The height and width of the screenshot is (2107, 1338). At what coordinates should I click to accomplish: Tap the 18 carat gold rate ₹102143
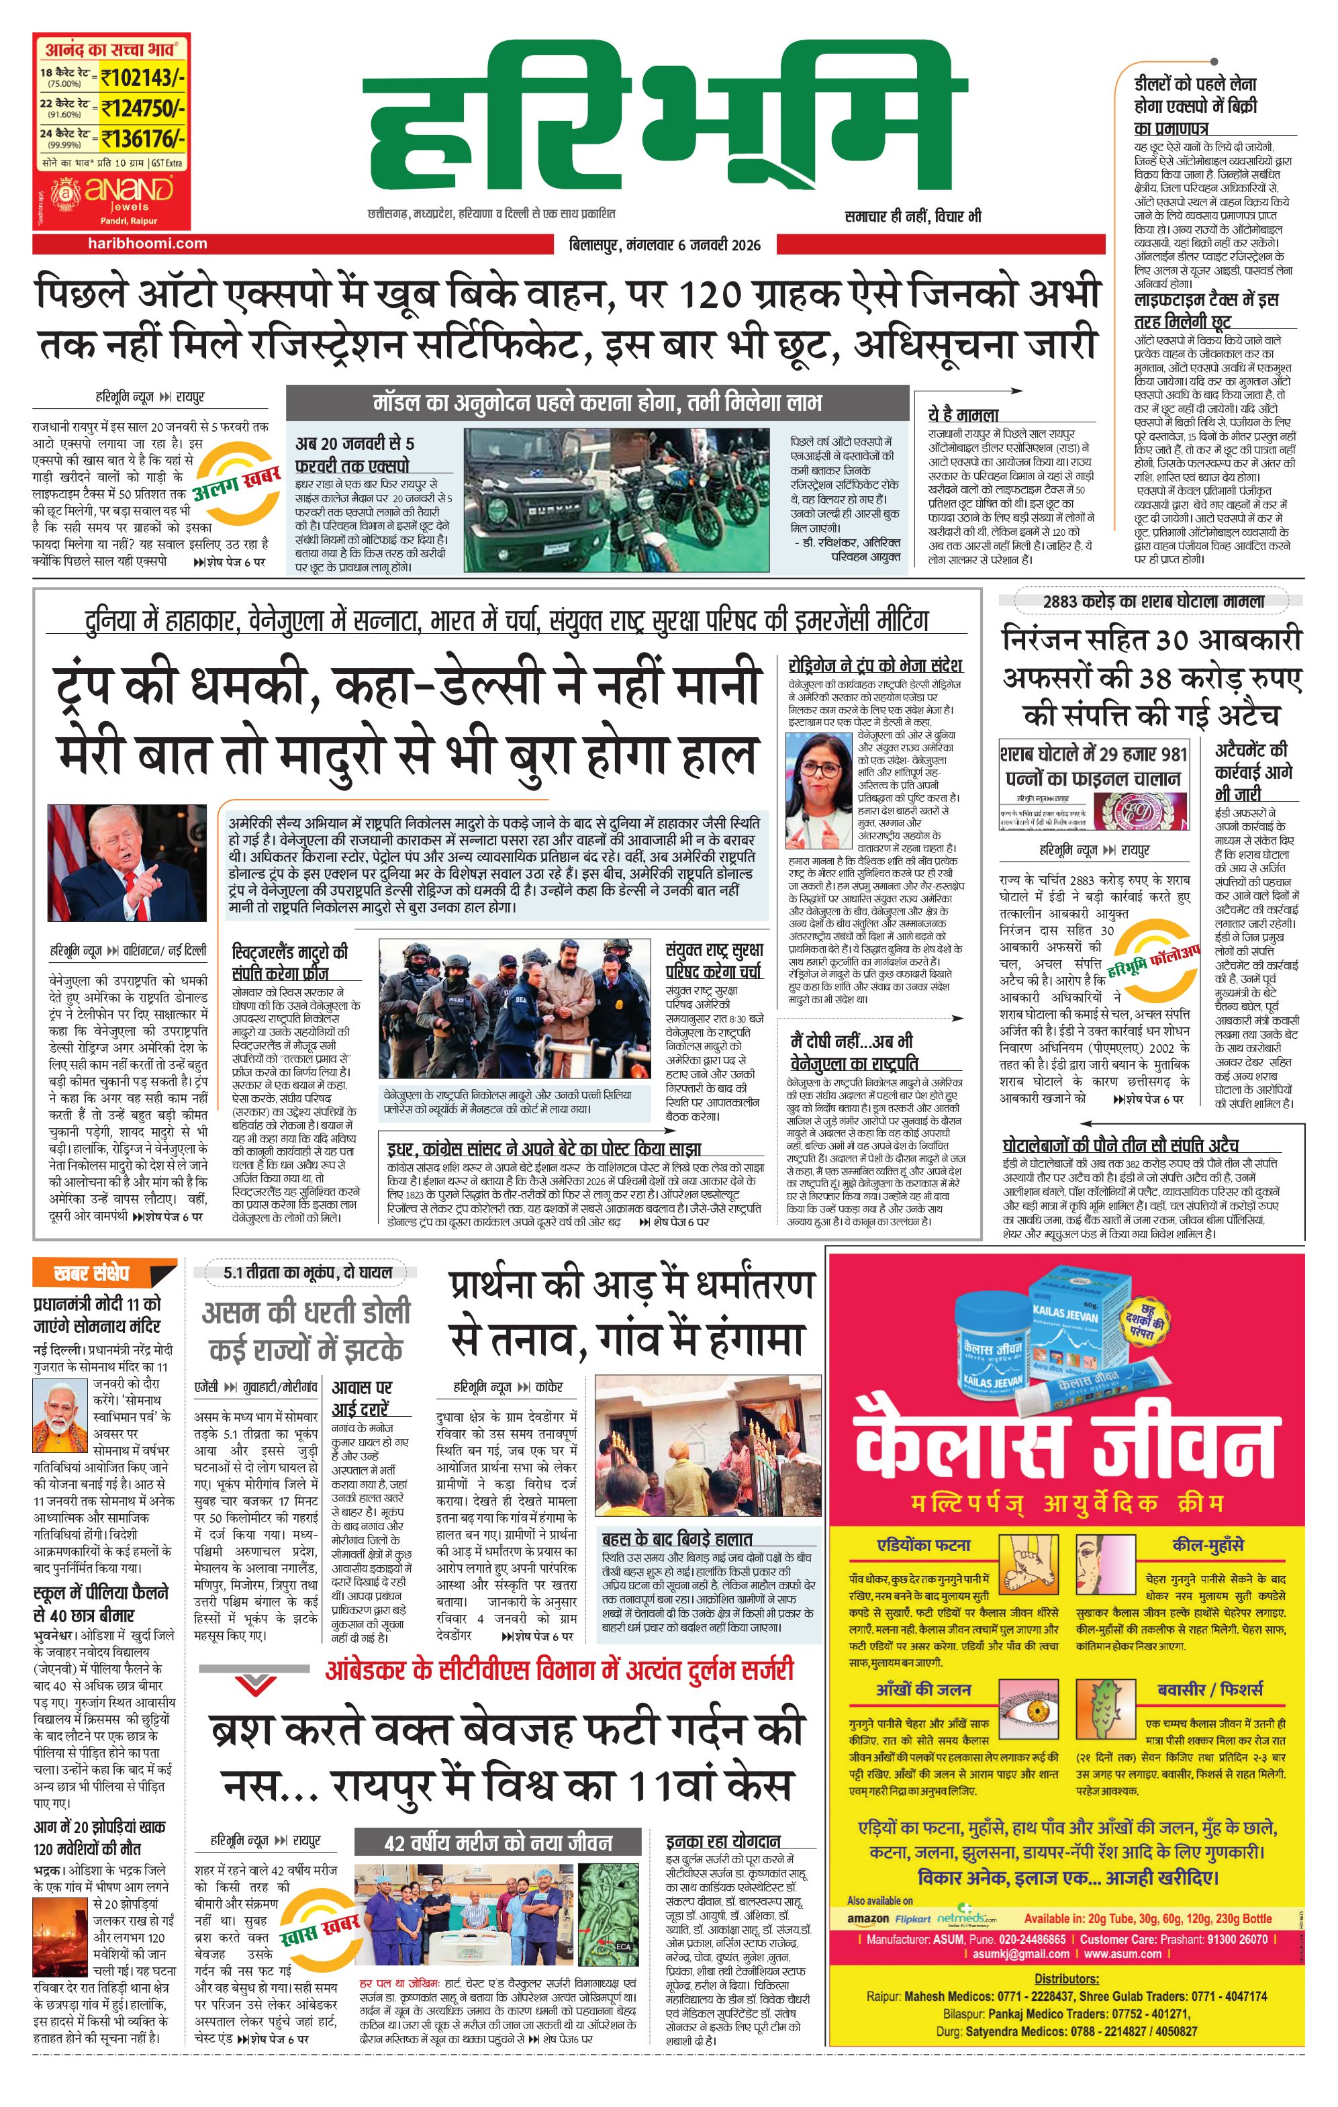[142, 78]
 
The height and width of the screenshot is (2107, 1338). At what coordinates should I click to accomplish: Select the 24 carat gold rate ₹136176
[142, 138]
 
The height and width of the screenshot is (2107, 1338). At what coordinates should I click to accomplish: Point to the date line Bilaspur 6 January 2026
[664, 245]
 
